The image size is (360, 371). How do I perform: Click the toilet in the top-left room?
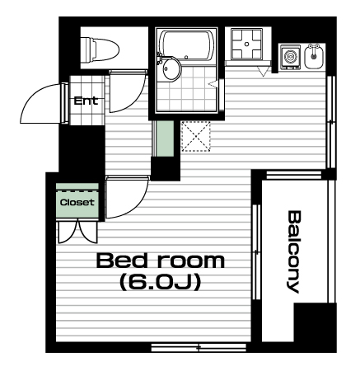101,49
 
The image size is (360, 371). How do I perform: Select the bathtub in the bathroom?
187,45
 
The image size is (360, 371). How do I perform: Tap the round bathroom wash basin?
171,68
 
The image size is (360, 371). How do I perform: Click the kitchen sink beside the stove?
314,57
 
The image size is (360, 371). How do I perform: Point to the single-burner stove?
290,57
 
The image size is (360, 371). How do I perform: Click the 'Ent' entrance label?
86,101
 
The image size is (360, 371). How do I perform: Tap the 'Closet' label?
77,203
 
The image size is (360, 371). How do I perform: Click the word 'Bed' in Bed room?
122,261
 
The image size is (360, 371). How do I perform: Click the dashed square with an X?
196,136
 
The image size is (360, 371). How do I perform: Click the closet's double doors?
78,232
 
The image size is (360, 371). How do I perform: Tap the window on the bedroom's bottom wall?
199,347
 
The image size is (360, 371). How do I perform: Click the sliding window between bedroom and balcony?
256,251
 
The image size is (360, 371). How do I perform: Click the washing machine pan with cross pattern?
246,44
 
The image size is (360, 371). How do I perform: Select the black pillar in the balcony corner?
316,322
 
